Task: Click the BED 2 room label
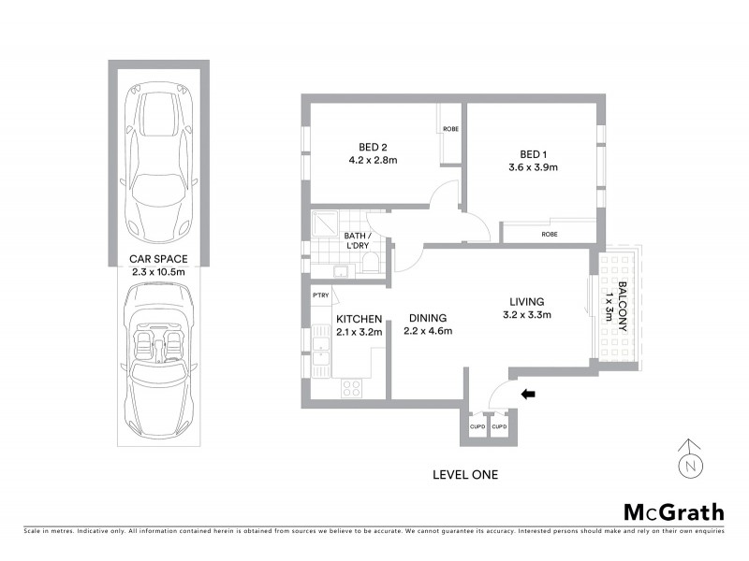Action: (x=374, y=147)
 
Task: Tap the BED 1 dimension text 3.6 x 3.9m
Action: (x=533, y=168)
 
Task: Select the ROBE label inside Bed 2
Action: (x=449, y=130)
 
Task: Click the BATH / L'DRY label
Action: (x=359, y=240)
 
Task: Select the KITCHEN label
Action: (x=359, y=319)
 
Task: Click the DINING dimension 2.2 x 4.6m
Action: (x=428, y=331)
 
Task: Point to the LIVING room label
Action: (x=527, y=301)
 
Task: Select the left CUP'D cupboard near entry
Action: (x=476, y=427)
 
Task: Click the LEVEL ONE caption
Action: (x=464, y=475)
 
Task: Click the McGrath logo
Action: (x=673, y=511)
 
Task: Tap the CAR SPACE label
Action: (x=158, y=258)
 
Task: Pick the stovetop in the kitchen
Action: (x=352, y=386)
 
